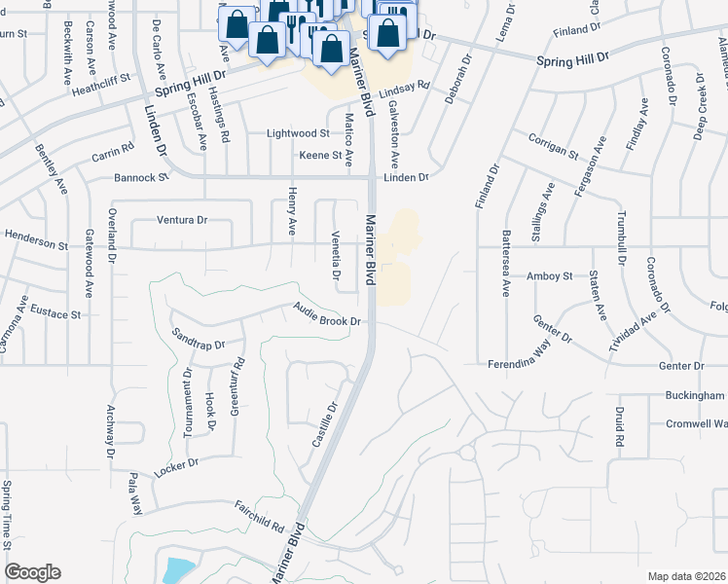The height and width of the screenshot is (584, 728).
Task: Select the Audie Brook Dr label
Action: coord(328,314)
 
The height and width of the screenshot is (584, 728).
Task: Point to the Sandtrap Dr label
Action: coord(198,339)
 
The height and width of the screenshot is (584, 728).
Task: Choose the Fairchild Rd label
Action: coord(260,516)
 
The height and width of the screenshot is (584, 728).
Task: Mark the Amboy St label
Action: coord(549,276)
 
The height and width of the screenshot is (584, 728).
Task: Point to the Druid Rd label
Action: coord(619,427)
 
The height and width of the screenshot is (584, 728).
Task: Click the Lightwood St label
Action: coord(299,132)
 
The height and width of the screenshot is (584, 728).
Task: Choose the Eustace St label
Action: coord(56,314)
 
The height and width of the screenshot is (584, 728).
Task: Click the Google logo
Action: coord(32,572)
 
